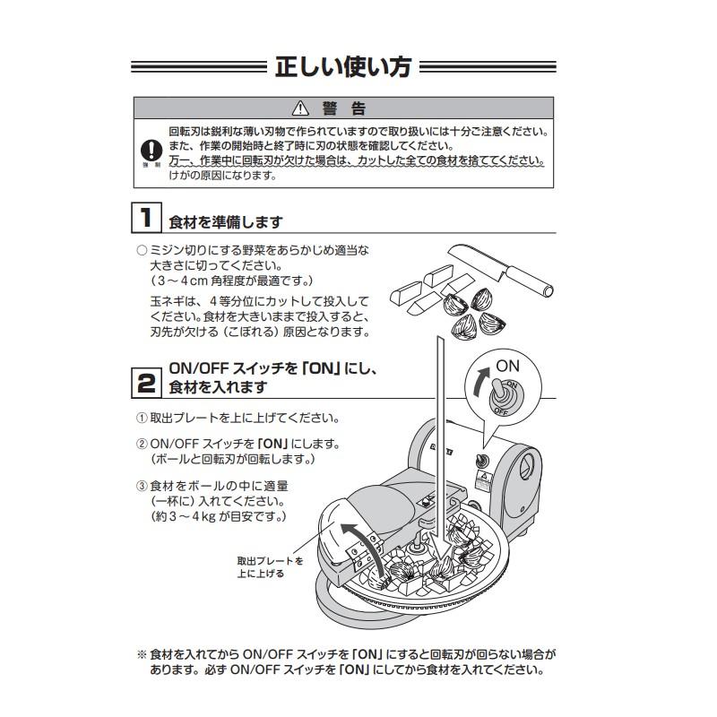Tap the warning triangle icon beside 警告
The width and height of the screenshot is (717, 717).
301,109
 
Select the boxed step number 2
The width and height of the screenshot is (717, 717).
145,383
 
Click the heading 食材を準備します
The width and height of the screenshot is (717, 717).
226,221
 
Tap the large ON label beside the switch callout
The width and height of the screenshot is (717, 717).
507,366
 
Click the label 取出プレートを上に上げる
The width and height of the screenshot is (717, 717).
270,566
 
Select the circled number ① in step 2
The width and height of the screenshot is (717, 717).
141,419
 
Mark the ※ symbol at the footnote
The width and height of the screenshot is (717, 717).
141,655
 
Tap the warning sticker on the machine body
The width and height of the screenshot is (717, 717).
485,476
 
